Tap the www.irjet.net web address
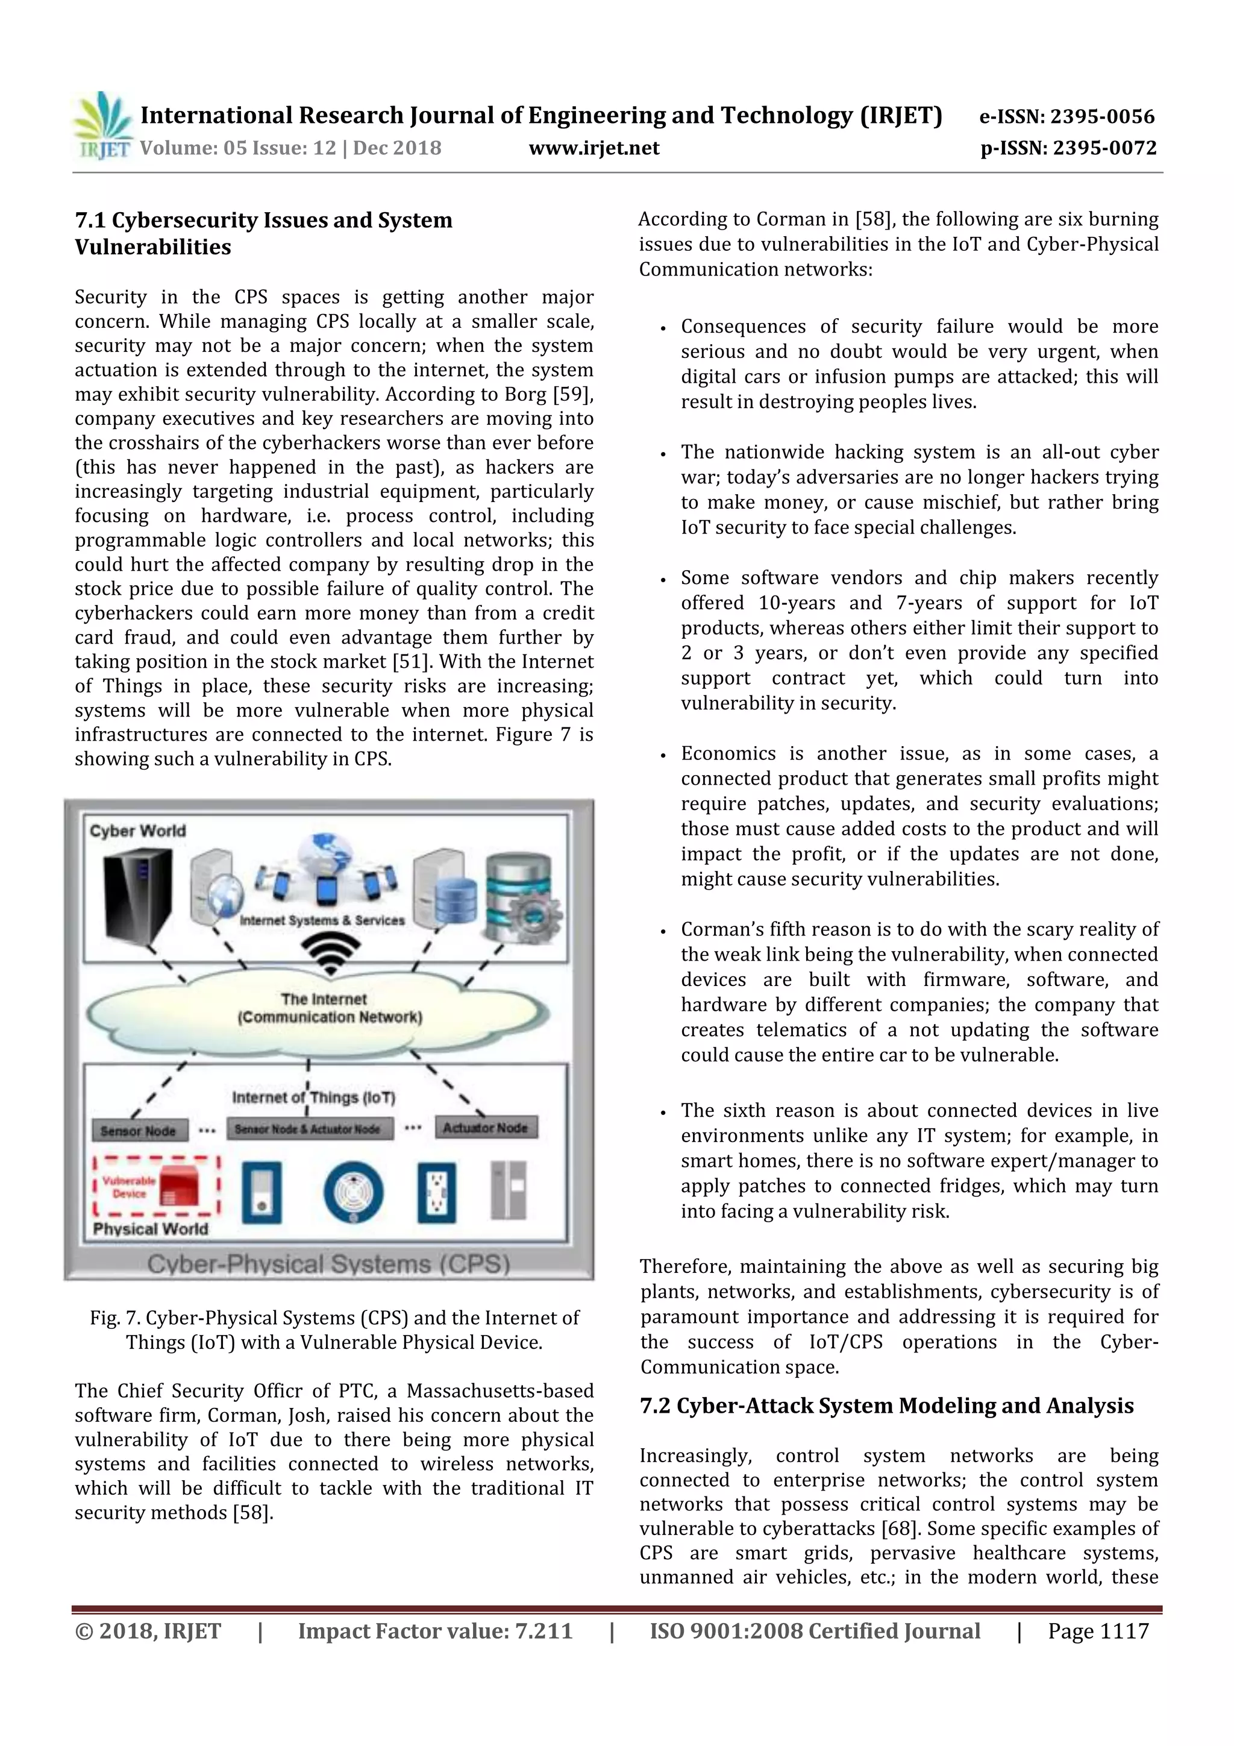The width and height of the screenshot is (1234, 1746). [x=594, y=148]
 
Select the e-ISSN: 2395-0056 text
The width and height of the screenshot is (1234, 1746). [x=1066, y=116]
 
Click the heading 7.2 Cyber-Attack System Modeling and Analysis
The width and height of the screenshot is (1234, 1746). [x=886, y=1406]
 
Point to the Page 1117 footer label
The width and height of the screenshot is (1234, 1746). [x=1098, y=1631]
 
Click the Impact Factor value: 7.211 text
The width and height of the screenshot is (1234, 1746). [x=435, y=1631]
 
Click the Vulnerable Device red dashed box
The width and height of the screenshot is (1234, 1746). [x=157, y=1187]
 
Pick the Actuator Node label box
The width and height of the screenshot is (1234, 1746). [x=486, y=1128]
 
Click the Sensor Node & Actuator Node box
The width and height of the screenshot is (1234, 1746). [x=308, y=1129]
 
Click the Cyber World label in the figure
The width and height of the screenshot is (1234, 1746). [x=137, y=831]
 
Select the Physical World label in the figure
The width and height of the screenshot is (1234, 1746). [x=150, y=1229]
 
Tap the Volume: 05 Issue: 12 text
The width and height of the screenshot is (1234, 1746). [x=238, y=148]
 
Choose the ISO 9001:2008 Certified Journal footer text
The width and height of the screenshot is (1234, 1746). [x=814, y=1631]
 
